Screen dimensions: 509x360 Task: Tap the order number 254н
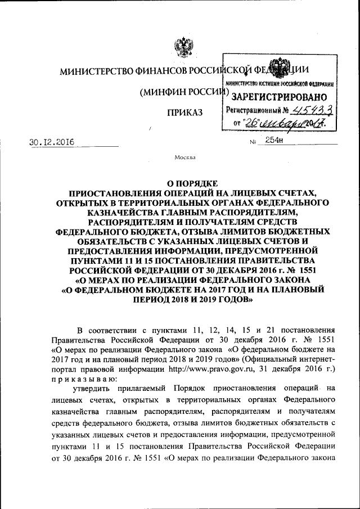tap(273, 141)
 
